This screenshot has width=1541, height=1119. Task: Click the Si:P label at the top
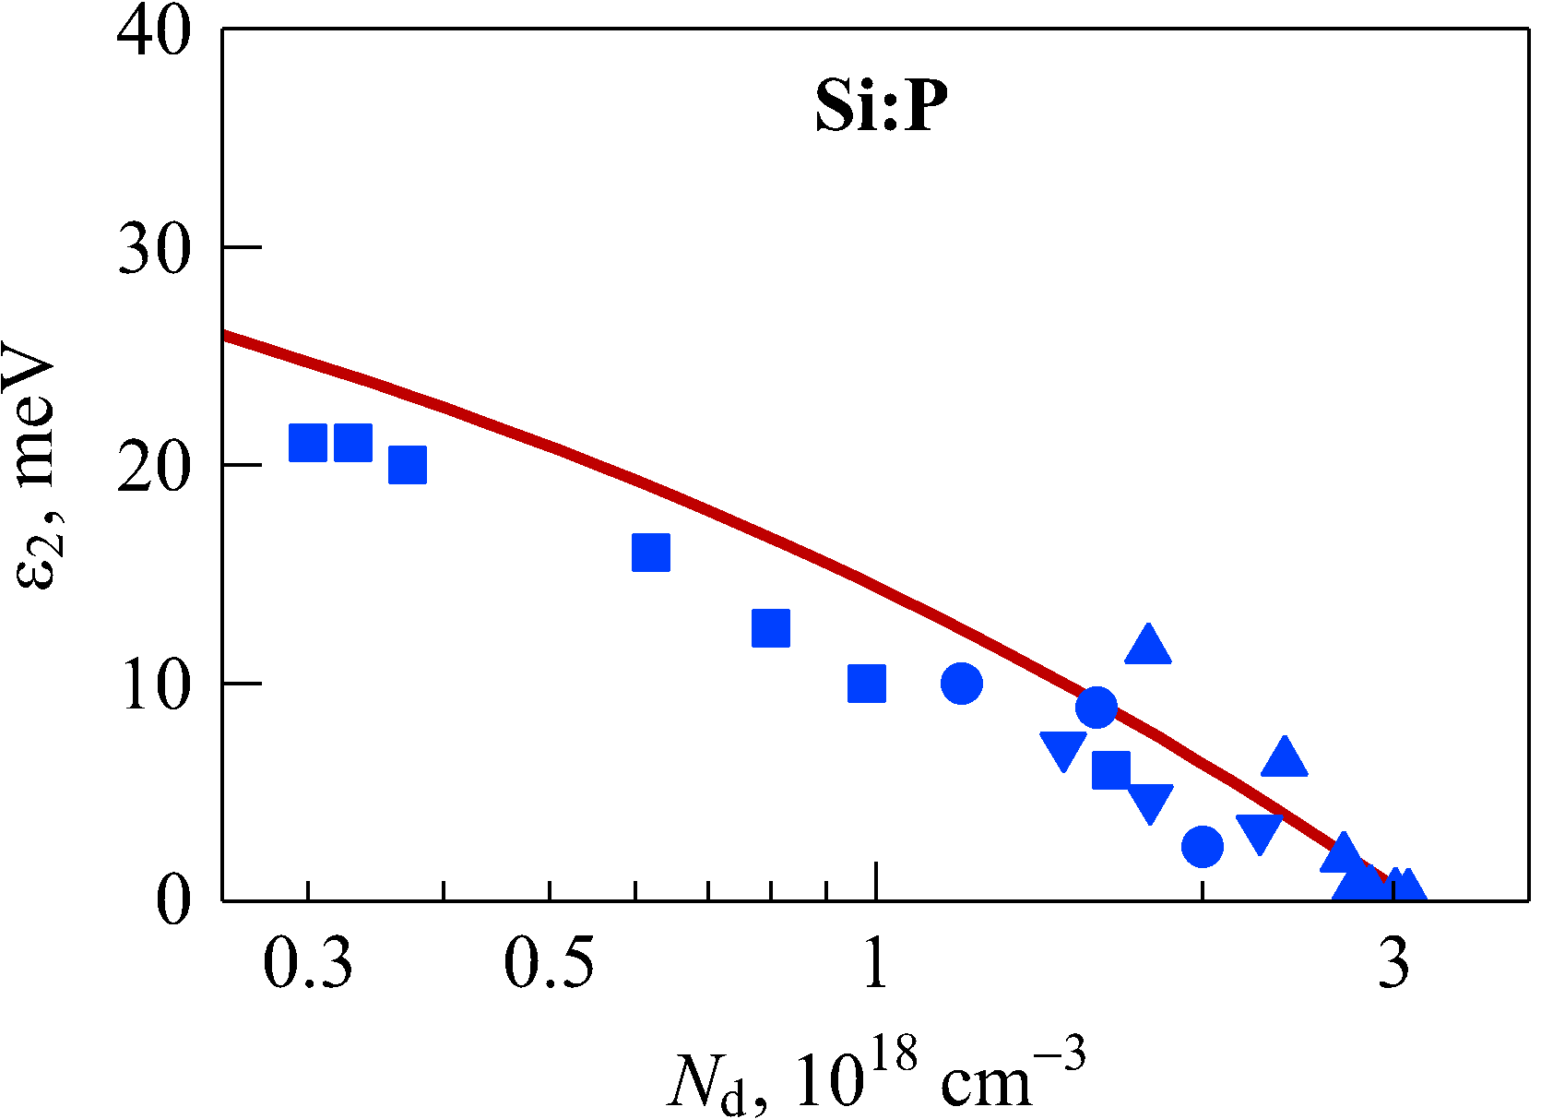881,106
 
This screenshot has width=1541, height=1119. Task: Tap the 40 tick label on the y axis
154,31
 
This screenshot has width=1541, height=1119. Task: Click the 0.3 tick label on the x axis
308,963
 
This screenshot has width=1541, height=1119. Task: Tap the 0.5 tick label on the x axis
549,963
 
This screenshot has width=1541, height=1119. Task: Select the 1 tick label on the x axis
875,963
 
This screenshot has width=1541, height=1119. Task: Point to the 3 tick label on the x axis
1395,963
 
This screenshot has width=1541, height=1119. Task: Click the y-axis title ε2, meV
37,466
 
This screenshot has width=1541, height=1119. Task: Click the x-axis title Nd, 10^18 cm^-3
876,1075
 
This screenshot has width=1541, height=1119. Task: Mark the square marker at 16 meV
651,553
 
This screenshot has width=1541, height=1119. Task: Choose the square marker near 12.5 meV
771,628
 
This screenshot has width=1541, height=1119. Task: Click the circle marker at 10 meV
962,684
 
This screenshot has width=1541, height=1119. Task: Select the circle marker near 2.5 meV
1203,846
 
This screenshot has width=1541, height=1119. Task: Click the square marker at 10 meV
867,684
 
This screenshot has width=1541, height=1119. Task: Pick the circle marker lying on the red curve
1096,708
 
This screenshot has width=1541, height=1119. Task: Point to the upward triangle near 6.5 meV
1285,758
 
